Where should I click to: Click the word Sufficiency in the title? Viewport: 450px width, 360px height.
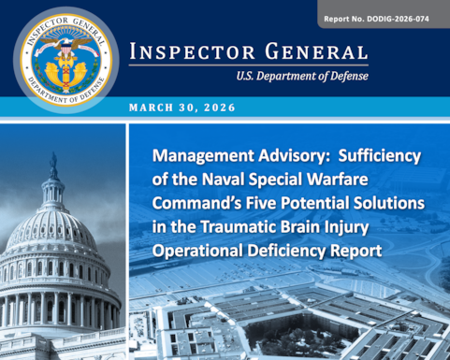click(x=385, y=158)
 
